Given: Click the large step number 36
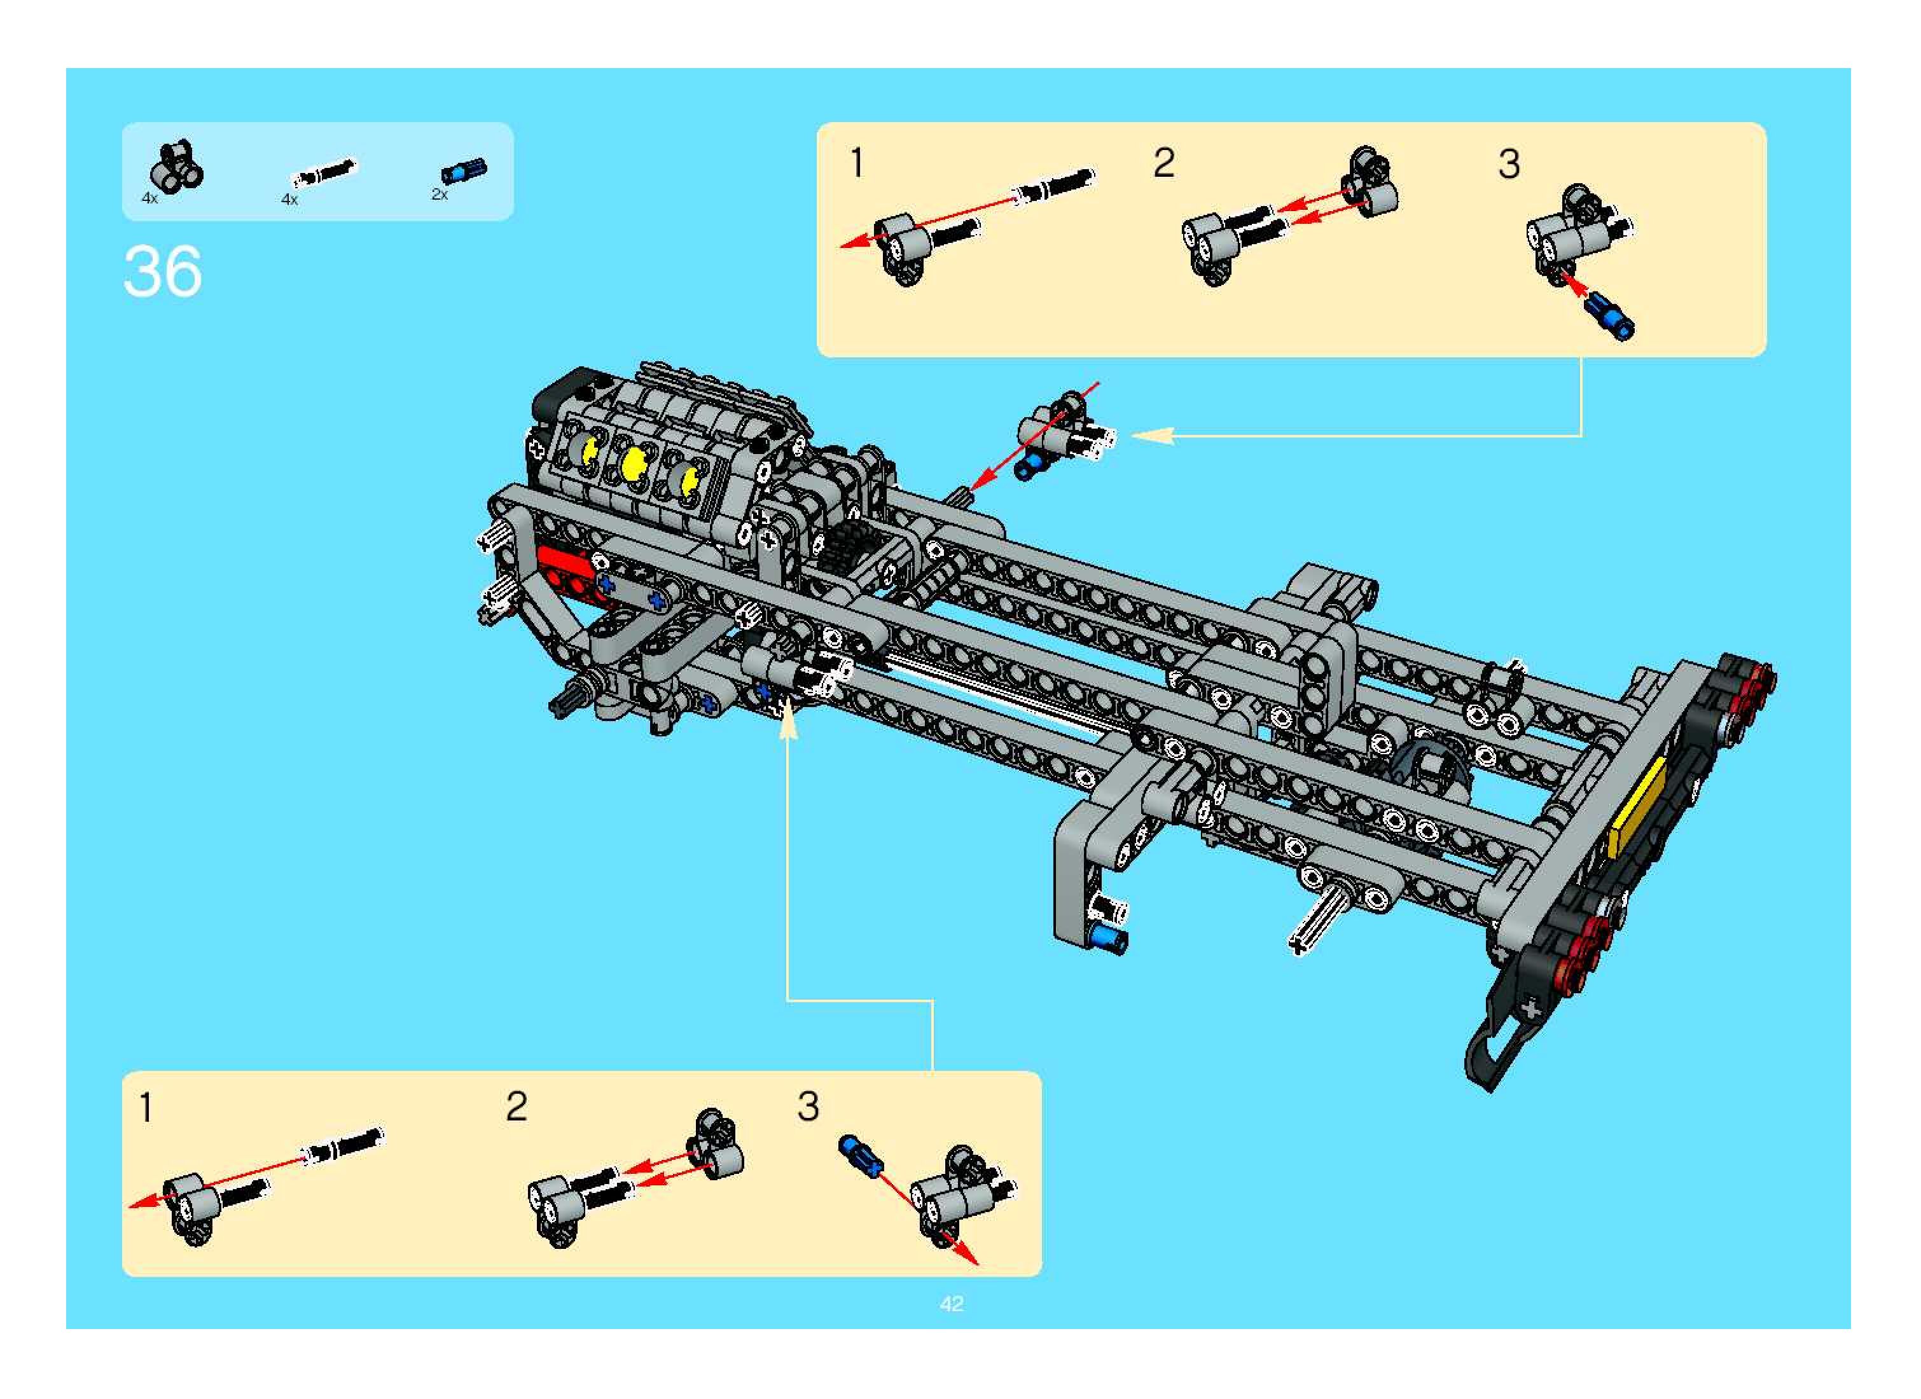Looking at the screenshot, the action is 163,271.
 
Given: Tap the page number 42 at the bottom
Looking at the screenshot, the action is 951,1304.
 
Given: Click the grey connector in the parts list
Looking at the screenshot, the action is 176,166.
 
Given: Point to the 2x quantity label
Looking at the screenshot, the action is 440,195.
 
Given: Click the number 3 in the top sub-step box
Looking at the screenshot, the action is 1509,164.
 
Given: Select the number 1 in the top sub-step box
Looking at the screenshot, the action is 857,163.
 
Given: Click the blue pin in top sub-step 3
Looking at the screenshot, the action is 1611,317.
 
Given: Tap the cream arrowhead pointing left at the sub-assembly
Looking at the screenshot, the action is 1150,436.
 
